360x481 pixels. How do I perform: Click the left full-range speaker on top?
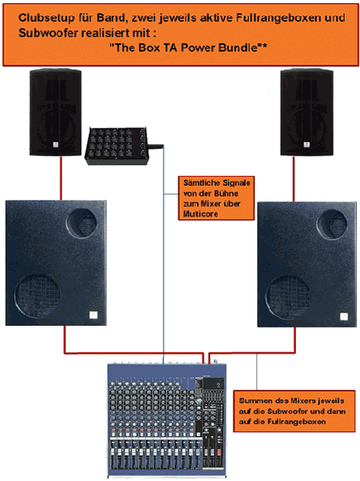(x=55, y=112)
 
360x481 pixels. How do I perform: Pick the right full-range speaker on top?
(x=307, y=112)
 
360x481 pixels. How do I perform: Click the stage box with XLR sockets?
(x=117, y=146)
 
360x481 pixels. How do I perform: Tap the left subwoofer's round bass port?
(x=82, y=223)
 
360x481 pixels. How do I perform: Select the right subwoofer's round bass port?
(x=332, y=225)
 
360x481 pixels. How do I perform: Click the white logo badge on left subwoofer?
(x=93, y=315)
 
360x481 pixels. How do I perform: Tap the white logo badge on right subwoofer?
(x=344, y=317)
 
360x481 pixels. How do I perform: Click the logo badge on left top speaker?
(x=56, y=145)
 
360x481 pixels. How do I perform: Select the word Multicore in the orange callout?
(x=200, y=214)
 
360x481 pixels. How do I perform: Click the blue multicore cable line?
(x=163, y=254)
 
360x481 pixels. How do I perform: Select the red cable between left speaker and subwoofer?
(x=61, y=178)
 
